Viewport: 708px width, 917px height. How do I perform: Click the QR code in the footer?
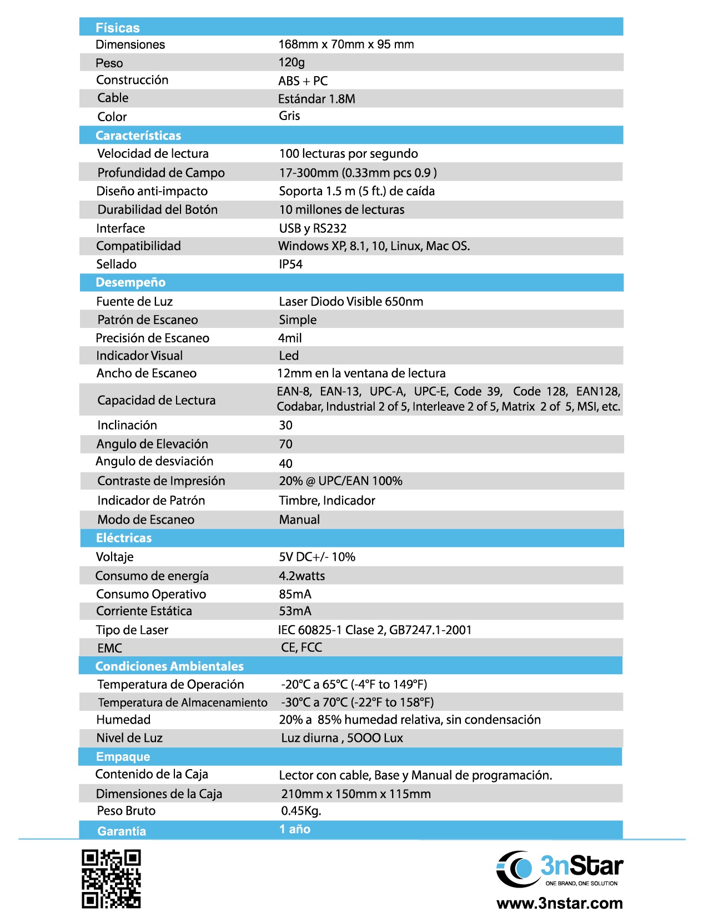[x=111, y=878]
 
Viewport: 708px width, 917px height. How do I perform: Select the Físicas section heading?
[x=118, y=28]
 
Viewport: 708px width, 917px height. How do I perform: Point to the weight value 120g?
[x=292, y=62]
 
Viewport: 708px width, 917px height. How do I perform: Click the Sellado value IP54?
[x=290, y=264]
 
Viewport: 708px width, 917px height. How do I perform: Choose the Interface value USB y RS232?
[x=313, y=228]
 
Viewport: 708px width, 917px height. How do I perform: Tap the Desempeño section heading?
[x=130, y=282]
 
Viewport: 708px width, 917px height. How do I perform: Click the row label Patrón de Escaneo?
[x=148, y=320]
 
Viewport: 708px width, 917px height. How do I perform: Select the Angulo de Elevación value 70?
[x=285, y=444]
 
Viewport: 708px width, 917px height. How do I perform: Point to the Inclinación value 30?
[x=285, y=425]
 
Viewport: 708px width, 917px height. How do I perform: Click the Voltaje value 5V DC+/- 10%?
[x=317, y=557]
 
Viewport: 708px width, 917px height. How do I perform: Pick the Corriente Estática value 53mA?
[x=295, y=611]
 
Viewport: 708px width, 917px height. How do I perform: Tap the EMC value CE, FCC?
[x=302, y=647]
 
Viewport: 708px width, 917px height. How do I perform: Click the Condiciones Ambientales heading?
[x=169, y=666]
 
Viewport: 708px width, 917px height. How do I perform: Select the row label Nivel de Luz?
[x=129, y=738]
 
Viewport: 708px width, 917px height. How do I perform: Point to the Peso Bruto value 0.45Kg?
[x=301, y=811]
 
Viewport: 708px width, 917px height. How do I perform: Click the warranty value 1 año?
[x=294, y=829]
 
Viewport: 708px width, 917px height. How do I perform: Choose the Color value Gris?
[x=289, y=116]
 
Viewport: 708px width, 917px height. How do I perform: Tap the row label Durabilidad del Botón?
[x=158, y=210]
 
